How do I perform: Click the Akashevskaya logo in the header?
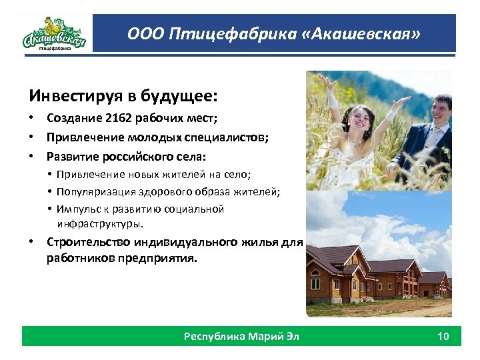point(54,33)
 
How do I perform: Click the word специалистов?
point(231,138)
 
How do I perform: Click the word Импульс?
point(79,209)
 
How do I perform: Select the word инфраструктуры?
point(100,223)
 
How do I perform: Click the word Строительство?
point(89,241)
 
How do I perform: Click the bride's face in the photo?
point(364,119)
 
